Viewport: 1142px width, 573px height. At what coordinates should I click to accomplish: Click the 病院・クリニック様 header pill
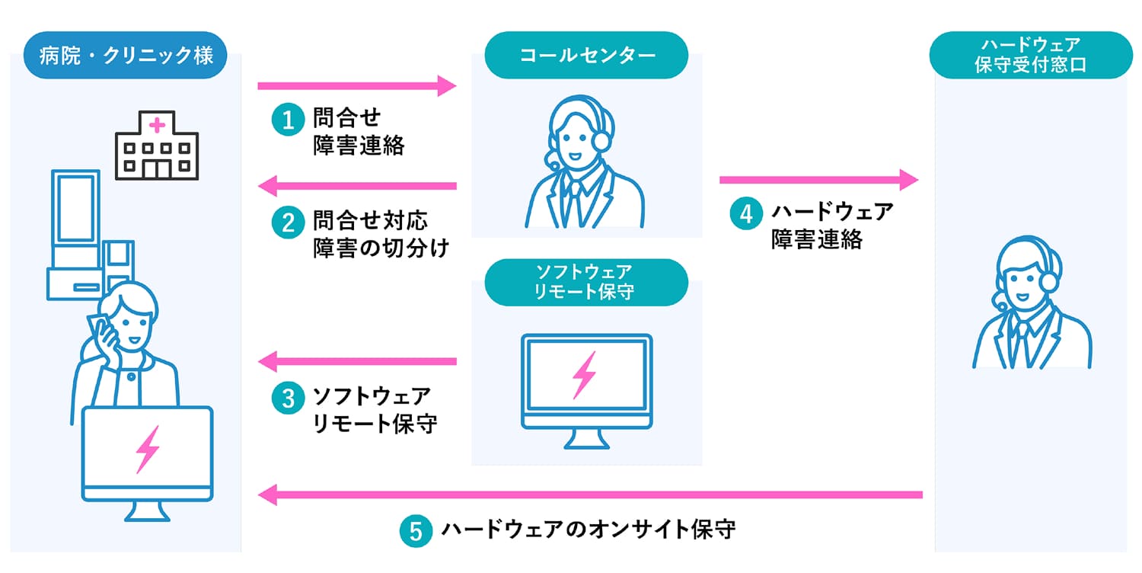point(126,56)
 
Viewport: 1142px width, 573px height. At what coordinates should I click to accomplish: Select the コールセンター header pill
point(586,55)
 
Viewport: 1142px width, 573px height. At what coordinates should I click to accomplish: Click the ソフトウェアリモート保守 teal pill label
point(586,282)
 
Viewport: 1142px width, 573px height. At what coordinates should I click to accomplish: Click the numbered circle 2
point(288,222)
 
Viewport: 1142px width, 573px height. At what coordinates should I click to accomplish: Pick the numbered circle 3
point(288,399)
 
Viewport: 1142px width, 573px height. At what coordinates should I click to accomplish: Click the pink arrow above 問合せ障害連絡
point(356,85)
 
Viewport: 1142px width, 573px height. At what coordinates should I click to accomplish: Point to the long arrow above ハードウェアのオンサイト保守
point(590,495)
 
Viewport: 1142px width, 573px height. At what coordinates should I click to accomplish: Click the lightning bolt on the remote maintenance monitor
point(585,375)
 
